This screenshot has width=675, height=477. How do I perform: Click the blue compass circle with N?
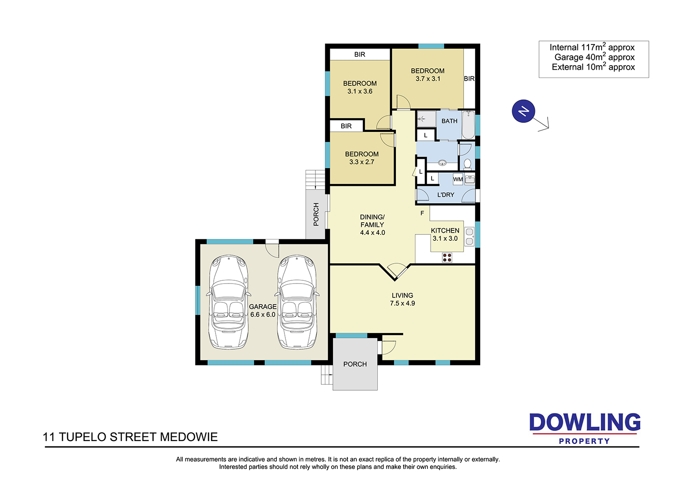(523, 111)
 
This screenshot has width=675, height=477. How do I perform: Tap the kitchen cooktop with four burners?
(447, 258)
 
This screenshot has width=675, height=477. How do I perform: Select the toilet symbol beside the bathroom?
(467, 165)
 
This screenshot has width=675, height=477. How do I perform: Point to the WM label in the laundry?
(458, 179)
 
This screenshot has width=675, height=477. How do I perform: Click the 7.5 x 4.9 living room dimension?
(402, 303)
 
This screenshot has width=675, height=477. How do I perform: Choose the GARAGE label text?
(262, 306)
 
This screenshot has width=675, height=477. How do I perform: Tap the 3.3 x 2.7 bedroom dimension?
(362, 162)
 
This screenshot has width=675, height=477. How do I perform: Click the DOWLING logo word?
(585, 422)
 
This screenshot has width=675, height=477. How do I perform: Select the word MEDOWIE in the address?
(189, 437)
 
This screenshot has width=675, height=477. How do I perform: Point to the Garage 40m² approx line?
(594, 57)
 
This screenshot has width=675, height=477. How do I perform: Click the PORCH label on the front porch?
(355, 364)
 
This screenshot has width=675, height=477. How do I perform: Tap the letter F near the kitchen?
(422, 213)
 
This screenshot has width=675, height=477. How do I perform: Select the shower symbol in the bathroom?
(427, 119)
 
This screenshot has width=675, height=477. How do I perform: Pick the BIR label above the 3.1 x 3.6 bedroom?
(360, 54)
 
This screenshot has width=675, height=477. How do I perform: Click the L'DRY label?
(445, 195)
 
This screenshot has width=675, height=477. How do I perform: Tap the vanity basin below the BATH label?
(442, 163)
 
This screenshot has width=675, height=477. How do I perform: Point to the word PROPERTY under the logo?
(584, 441)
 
